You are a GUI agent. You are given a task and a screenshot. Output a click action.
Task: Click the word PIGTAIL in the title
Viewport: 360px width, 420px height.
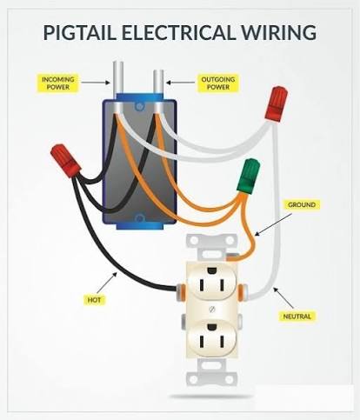[79, 32]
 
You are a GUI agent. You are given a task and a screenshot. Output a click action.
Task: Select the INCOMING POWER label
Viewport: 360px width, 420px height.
[58, 83]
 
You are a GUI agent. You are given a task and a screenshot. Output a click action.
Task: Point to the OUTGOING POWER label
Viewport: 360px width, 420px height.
[218, 83]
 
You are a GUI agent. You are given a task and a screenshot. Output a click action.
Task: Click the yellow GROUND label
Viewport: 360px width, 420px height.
[302, 205]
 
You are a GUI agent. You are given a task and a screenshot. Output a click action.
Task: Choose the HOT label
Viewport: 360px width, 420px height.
[94, 299]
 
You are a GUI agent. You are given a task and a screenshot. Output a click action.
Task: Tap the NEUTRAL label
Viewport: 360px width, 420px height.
[297, 317]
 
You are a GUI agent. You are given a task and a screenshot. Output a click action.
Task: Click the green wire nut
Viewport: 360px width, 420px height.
[248, 176]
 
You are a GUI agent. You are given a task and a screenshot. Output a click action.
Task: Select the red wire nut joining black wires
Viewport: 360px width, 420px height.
[65, 160]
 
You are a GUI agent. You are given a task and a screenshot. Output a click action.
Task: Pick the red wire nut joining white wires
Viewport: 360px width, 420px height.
[277, 103]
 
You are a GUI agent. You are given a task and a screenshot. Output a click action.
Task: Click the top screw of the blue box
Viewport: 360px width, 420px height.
[139, 107]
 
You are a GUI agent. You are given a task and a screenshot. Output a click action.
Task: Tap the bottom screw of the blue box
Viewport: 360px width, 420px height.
[139, 218]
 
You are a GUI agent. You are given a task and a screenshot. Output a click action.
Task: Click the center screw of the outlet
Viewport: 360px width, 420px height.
[212, 309]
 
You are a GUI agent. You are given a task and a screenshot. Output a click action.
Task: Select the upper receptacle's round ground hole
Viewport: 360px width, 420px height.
[212, 270]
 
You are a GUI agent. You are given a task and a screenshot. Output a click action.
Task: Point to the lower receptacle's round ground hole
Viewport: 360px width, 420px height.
[212, 327]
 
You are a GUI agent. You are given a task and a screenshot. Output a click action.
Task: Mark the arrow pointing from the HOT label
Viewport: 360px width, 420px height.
[107, 283]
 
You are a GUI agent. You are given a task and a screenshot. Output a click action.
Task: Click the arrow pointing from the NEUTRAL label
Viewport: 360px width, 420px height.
[283, 297]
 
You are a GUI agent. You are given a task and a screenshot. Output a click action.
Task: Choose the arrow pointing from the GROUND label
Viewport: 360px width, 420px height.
[273, 224]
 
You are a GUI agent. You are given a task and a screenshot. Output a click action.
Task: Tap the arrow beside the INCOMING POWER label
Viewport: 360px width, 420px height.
[96, 83]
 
